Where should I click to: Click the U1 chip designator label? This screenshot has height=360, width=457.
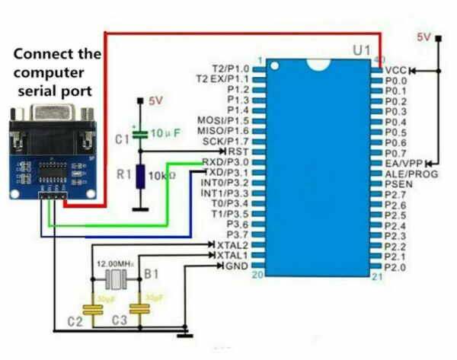[x=362, y=50]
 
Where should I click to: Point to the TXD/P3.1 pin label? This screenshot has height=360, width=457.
[x=225, y=173]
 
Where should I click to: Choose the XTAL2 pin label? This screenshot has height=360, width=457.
[x=233, y=245]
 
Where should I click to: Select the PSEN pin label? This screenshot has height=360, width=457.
[x=398, y=184]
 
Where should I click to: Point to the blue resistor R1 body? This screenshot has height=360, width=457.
[x=140, y=176]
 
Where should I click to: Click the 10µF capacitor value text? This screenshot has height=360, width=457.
[x=165, y=133]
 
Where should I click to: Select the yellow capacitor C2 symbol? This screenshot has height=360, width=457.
[x=93, y=310]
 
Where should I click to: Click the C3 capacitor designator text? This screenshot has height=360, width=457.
[x=119, y=322]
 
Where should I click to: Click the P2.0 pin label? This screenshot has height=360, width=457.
[x=395, y=268]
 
